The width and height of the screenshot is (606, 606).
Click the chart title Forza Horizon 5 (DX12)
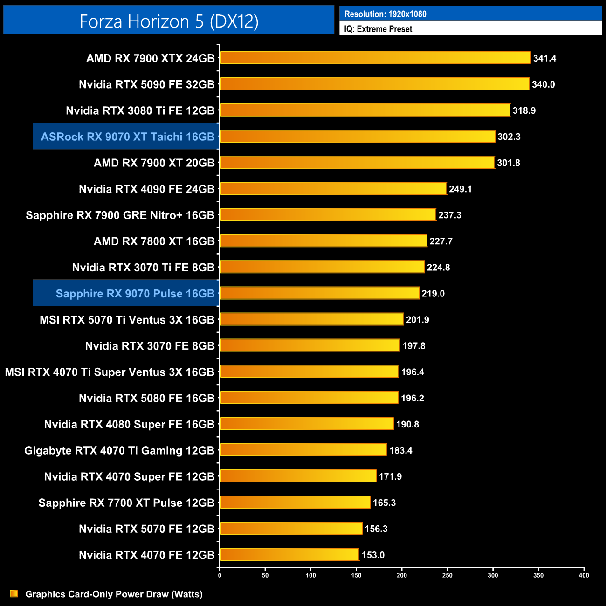[169, 21]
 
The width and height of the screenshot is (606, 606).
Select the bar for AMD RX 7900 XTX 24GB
[375, 58]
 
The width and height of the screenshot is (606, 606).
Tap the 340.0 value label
[543, 84]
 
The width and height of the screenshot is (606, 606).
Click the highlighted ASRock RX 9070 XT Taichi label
[127, 137]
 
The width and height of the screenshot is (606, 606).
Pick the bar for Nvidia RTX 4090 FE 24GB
[333, 189]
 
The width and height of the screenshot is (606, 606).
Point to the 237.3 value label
[450, 215]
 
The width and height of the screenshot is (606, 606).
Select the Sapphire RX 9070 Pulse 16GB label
[135, 294]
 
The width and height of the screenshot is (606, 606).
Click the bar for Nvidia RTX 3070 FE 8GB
[310, 345]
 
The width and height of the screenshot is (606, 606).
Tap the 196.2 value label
[413, 398]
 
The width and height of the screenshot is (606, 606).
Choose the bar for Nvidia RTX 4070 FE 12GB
[289, 555]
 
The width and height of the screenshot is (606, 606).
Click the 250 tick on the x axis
[447, 575]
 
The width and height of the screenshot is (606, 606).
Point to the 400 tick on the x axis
[584, 575]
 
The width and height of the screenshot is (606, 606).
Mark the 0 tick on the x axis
[220, 575]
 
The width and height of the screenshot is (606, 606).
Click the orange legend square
[14, 593]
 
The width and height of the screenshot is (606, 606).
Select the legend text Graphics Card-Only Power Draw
[114, 594]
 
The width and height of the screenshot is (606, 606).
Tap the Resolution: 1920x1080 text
[385, 14]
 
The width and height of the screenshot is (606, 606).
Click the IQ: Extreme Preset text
[378, 29]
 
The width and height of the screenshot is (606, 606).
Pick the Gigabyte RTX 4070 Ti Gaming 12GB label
[119, 450]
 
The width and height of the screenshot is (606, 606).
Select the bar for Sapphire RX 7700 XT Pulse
[295, 503]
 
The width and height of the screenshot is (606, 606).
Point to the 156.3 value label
[376, 529]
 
